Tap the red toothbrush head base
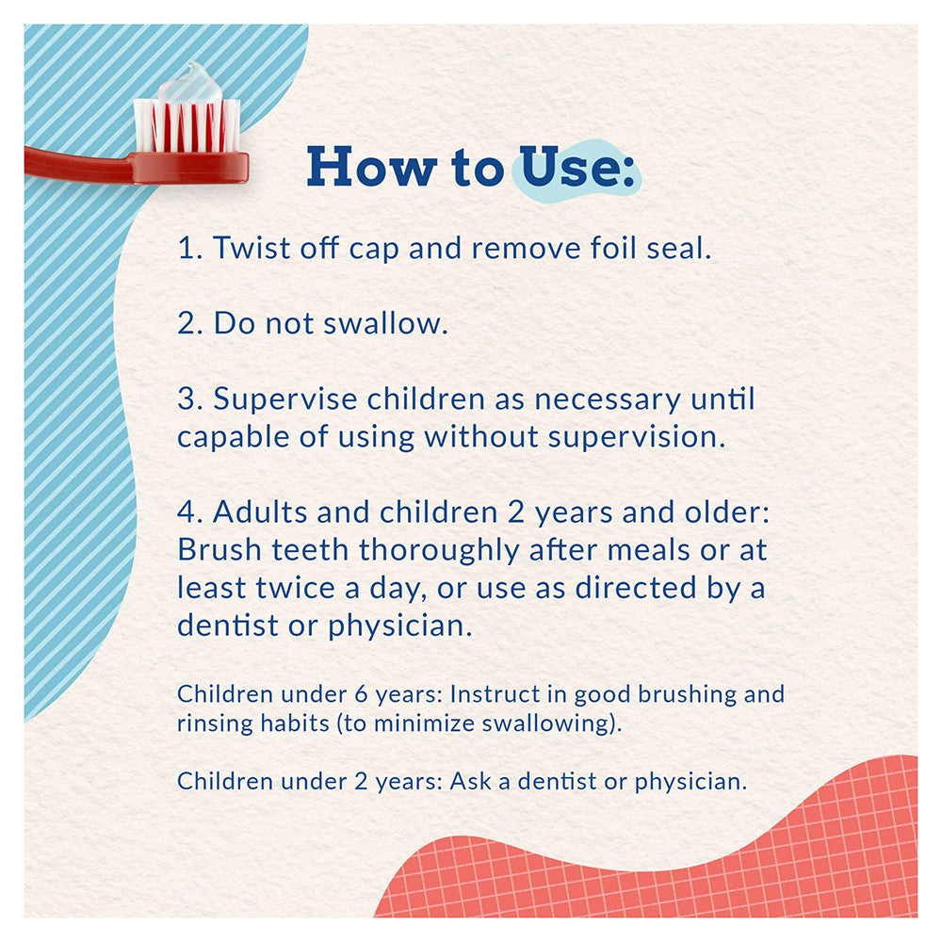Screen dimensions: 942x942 (189, 167)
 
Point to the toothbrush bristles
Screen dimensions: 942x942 (187, 125)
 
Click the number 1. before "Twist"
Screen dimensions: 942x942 (190, 248)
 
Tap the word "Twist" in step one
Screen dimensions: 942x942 (252, 248)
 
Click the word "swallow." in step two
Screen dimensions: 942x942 (385, 323)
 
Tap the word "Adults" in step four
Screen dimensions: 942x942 (260, 512)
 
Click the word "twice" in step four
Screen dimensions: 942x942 (295, 588)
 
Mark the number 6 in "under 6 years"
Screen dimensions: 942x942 (361, 694)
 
